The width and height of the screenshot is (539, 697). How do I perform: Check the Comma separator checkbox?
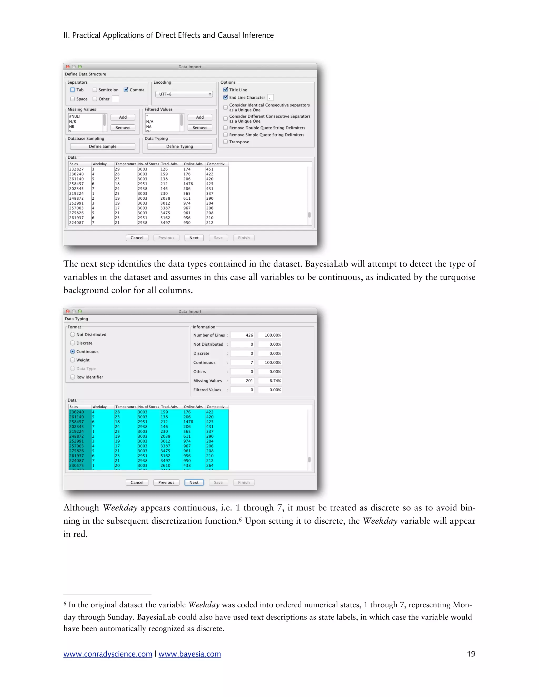click(126, 90)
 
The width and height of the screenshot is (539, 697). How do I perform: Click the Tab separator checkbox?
click(72, 90)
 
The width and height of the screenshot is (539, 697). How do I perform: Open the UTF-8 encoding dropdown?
click(184, 94)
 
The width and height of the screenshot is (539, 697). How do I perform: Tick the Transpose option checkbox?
click(226, 142)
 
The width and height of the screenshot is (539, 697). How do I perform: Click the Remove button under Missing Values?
click(123, 127)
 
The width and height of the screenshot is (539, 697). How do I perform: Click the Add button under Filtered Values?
click(200, 117)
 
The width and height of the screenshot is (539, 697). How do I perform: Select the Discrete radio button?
click(72, 343)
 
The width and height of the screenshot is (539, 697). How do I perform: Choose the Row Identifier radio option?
click(72, 377)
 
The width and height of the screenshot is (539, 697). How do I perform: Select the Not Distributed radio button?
click(72, 335)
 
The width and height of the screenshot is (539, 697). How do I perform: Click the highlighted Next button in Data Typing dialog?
click(194, 483)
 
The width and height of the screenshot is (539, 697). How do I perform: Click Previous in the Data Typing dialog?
click(166, 483)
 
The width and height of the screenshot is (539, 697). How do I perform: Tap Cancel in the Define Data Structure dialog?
click(137, 238)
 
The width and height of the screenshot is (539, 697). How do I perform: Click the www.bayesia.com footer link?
click(190, 654)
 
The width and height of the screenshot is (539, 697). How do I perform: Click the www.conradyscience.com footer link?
click(108, 654)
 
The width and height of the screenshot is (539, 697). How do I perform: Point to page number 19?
click(471, 654)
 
